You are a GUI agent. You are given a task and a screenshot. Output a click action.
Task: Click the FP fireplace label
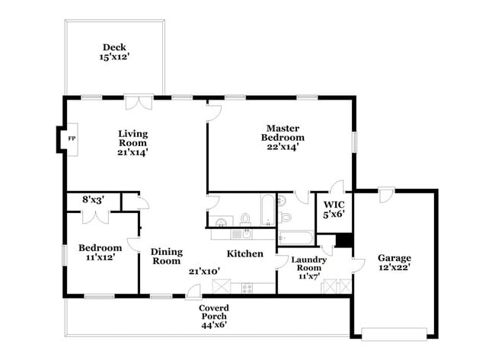72,139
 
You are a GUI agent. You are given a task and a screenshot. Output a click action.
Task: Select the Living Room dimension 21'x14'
133,151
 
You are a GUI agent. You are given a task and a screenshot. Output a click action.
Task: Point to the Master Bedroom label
283,138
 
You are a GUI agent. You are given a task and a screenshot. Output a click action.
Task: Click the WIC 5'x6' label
334,209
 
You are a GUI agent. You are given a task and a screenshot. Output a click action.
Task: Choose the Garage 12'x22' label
395,263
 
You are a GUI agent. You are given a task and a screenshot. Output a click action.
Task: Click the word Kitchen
244,253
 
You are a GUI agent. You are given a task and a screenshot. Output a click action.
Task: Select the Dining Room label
166,256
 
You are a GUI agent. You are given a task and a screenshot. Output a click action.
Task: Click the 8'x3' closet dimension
92,200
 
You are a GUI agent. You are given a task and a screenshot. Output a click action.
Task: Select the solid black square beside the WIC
344,240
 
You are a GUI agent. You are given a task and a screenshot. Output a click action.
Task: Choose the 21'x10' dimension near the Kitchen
204,271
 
